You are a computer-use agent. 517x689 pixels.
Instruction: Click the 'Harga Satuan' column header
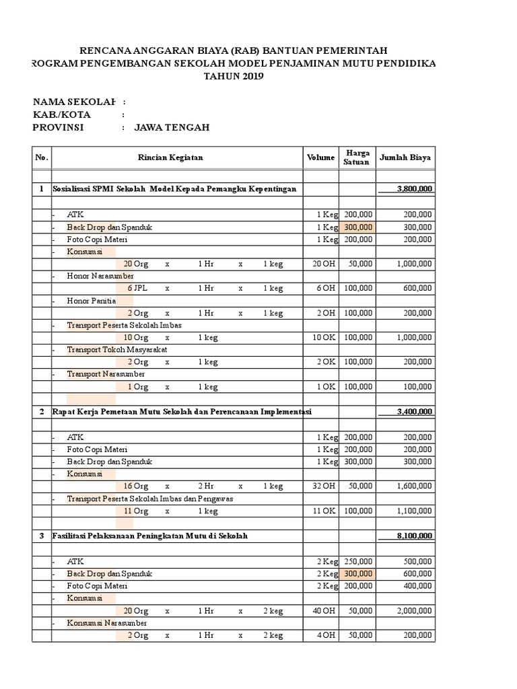click(x=357, y=157)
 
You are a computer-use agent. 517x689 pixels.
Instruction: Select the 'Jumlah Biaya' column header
click(x=405, y=157)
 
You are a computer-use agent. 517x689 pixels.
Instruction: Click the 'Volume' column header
click(x=320, y=157)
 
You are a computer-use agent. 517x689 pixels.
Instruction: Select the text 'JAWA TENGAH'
click(x=172, y=127)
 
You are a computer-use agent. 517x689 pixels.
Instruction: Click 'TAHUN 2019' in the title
click(x=234, y=76)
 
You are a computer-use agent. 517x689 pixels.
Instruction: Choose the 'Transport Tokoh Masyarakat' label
click(x=117, y=350)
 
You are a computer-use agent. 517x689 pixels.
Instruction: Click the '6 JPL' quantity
click(x=137, y=288)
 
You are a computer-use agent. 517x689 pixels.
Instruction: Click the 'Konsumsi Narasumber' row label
click(x=107, y=623)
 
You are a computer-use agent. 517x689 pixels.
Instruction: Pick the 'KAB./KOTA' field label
click(x=62, y=114)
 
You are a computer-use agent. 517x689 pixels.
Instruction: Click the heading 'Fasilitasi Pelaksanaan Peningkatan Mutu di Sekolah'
click(x=150, y=536)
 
